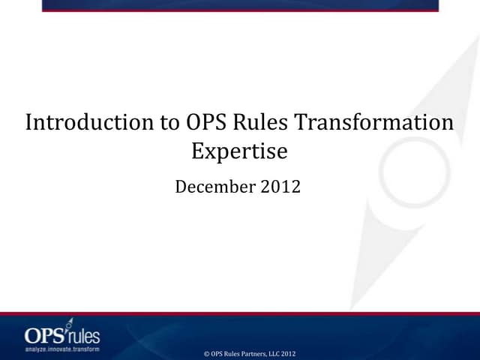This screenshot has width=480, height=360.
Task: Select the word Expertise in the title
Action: coord(239,151)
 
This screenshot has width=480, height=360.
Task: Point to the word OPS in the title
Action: coord(205,123)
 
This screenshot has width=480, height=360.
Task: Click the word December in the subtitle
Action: coord(214,187)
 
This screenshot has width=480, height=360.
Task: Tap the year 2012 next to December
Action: coord(280,187)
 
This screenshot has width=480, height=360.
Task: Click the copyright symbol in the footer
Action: coord(206,353)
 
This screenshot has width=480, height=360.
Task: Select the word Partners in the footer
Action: coord(251,353)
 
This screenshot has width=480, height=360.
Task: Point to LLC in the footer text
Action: coord(275,353)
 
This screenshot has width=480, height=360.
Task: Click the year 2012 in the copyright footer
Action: coord(290,353)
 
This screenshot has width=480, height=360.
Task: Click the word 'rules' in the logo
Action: coord(83,335)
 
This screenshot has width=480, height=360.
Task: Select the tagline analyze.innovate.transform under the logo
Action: coord(61,348)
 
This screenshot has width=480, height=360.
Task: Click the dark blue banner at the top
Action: coord(240,4)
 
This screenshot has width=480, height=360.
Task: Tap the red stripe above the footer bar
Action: coord(240,313)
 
